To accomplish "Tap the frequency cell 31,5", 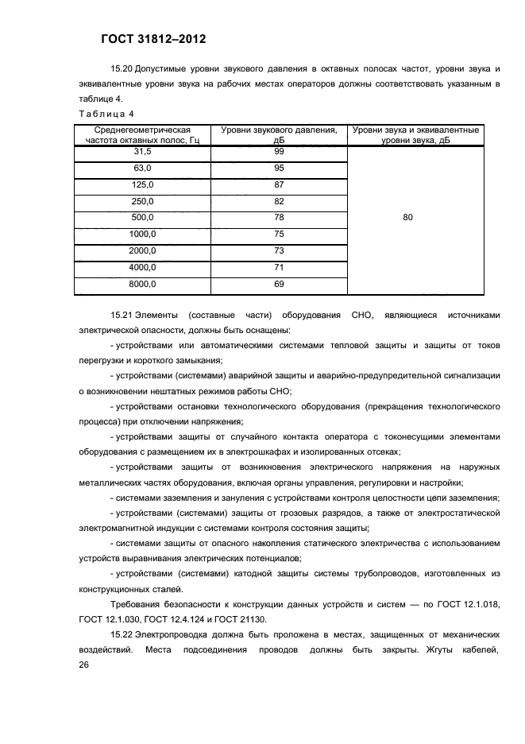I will tap(143, 151).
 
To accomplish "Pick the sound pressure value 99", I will tap(279, 151).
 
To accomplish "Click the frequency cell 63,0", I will tap(143, 169).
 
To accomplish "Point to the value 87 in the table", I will tap(279, 184).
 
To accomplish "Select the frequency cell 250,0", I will tap(143, 201).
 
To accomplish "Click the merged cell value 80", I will tap(407, 218).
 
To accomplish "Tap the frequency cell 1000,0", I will tap(143, 234).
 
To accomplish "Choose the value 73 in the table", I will tap(279, 250).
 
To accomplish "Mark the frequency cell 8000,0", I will tap(143, 284).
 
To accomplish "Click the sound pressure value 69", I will tap(279, 284).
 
